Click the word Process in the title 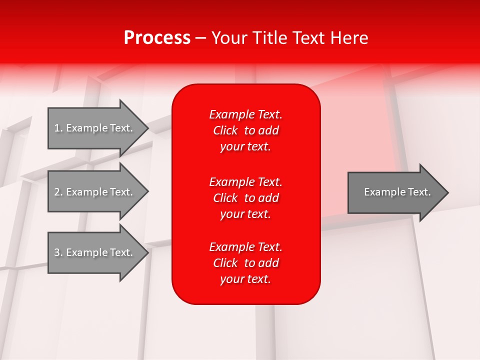[x=157, y=38]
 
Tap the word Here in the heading [x=349, y=38]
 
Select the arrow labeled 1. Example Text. [x=98, y=128]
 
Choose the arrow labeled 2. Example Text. [x=98, y=191]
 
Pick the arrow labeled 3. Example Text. [x=98, y=252]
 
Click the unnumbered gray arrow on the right [x=398, y=192]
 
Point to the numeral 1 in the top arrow [x=57, y=128]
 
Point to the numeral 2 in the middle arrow [x=57, y=192]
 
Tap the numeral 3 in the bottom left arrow [x=57, y=252]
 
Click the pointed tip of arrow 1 [x=149, y=128]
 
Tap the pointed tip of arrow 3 [x=149, y=253]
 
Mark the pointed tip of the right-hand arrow [x=448, y=192]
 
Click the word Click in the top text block [x=225, y=130]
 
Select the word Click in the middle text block [x=225, y=198]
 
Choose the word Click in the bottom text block [x=225, y=263]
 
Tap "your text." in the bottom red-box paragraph [x=245, y=279]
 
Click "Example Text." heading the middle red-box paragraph [x=246, y=182]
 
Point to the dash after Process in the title [x=201, y=39]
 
